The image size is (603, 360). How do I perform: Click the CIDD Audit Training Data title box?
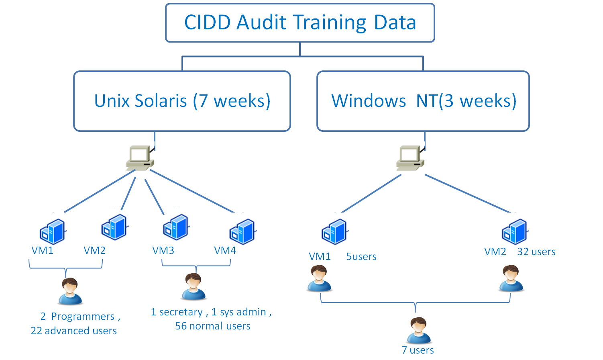pyautogui.click(x=300, y=22)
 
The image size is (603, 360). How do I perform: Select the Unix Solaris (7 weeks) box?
pyautogui.click(x=182, y=101)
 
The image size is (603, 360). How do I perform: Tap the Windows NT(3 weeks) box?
pyautogui.click(x=423, y=101)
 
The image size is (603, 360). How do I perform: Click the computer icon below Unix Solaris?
pyautogui.click(x=140, y=158)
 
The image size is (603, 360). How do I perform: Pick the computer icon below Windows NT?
pyautogui.click(x=410, y=158)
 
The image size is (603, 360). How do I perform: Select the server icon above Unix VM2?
pyautogui.click(x=114, y=227)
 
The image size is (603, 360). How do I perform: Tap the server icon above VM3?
pyautogui.click(x=176, y=227)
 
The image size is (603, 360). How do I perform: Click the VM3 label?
pyautogui.click(x=163, y=251)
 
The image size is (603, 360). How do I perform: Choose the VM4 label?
pyautogui.click(x=225, y=251)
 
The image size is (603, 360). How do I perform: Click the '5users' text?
pyautogui.click(x=361, y=256)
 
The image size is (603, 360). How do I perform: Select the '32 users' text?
pyautogui.click(x=536, y=252)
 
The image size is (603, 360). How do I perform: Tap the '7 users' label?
pyautogui.click(x=418, y=350)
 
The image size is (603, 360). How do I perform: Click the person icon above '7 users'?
pyautogui.click(x=419, y=330)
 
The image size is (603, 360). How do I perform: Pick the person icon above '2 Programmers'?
pyautogui.click(x=70, y=291)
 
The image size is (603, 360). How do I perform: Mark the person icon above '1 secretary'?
pyautogui.click(x=194, y=286)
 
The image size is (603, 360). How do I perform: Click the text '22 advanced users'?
pyautogui.click(x=74, y=331)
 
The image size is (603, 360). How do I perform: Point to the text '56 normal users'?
pyautogui.click(x=213, y=326)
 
